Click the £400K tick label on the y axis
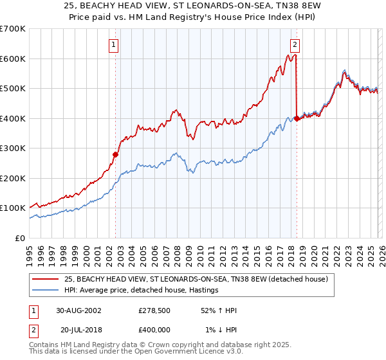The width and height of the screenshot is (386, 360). pos(13,118)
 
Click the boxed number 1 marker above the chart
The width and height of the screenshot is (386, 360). pos(114,44)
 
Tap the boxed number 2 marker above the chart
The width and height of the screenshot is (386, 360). pos(295,44)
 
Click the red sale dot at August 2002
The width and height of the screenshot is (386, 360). pos(116,154)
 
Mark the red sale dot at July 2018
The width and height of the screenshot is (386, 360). pos(297,118)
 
